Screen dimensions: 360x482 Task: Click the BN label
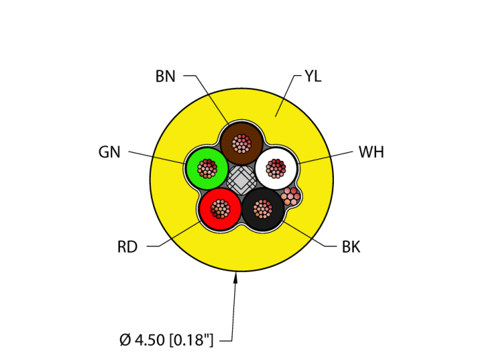[165, 76]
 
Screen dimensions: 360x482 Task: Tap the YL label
[313, 76]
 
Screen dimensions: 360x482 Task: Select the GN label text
[109, 152]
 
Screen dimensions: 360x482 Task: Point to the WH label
[371, 152]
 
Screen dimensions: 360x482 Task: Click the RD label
[127, 247]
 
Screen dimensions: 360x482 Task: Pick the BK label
[351, 247]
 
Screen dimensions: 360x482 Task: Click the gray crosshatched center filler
[242, 181]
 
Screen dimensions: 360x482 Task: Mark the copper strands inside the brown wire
[242, 143]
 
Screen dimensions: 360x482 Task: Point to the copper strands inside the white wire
[276, 167]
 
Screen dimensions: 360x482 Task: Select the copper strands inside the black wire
[262, 208]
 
